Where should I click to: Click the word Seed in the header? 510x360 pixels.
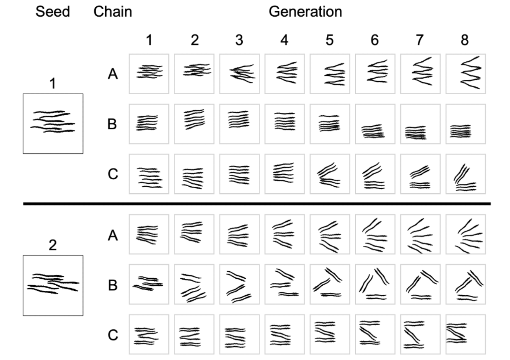(x=52, y=12)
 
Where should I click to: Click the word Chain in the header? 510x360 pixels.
(x=113, y=12)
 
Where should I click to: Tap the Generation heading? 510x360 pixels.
(x=305, y=12)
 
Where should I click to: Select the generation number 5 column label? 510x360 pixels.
(x=329, y=40)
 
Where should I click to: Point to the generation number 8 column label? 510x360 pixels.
(x=465, y=40)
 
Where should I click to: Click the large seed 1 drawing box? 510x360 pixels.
(x=53, y=123)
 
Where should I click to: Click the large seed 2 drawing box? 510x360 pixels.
(x=53, y=285)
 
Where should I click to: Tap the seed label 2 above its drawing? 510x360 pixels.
(x=52, y=245)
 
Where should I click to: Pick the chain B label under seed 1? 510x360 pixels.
(x=112, y=124)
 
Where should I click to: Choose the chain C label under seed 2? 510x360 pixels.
(x=113, y=335)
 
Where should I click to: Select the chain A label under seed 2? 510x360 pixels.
(x=113, y=235)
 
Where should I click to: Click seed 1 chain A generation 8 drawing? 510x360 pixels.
(x=466, y=74)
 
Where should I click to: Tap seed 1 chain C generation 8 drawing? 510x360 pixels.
(x=466, y=174)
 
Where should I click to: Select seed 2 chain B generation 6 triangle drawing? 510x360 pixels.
(x=375, y=284)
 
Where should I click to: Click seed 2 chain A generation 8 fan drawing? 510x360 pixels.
(x=466, y=234)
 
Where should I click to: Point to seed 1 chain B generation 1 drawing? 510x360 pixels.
(x=149, y=124)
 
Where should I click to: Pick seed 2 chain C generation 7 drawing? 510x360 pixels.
(x=420, y=334)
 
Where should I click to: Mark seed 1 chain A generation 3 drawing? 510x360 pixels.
(x=239, y=74)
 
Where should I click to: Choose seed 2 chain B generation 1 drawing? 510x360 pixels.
(x=149, y=284)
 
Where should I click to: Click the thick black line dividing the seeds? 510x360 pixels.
(x=257, y=204)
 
